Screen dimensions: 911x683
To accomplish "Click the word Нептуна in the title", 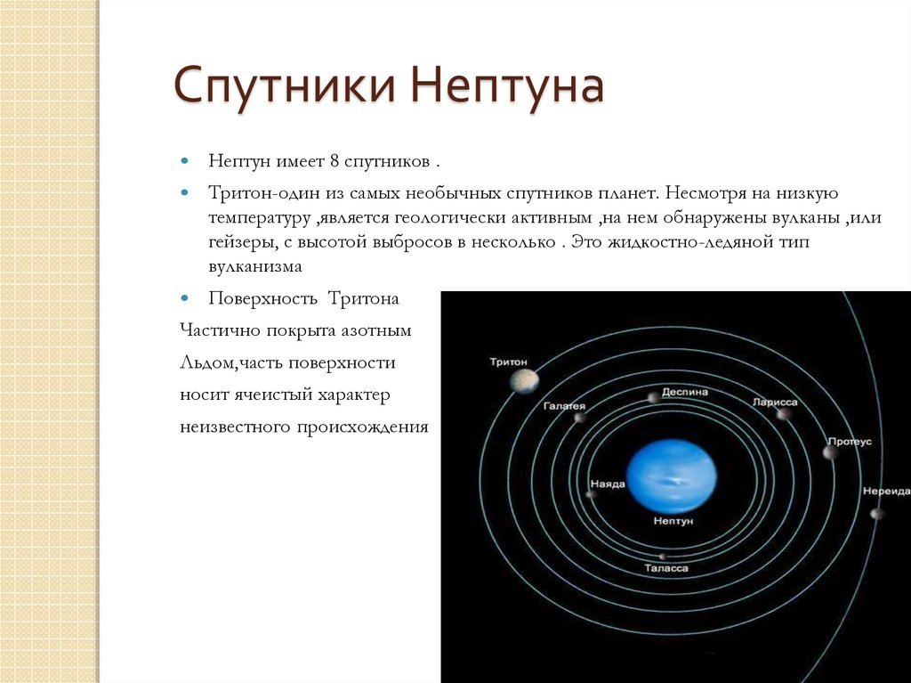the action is (x=507, y=85).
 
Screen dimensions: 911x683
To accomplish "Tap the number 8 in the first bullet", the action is (x=335, y=160).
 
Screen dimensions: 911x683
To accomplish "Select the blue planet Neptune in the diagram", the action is (x=672, y=476).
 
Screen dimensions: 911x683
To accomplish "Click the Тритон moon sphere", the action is (x=525, y=381).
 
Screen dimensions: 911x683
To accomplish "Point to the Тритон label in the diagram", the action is (x=508, y=362).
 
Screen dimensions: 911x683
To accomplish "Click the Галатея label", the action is (x=564, y=406).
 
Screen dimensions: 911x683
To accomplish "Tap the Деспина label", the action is (x=685, y=392).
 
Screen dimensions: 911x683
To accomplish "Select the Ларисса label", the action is (x=775, y=402).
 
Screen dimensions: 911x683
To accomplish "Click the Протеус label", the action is (x=850, y=442).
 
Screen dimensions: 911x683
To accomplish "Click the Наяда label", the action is (x=608, y=484).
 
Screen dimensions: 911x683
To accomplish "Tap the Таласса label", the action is (x=666, y=568).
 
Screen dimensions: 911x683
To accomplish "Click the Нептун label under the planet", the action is (x=673, y=521).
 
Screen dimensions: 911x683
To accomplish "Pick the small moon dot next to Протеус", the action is (x=831, y=452).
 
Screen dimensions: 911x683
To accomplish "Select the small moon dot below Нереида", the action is (x=877, y=514).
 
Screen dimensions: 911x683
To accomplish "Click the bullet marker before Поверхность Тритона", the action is (x=185, y=298).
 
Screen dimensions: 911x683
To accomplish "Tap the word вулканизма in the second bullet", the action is (x=255, y=266).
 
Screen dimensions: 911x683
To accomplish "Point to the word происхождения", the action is (x=363, y=427).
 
